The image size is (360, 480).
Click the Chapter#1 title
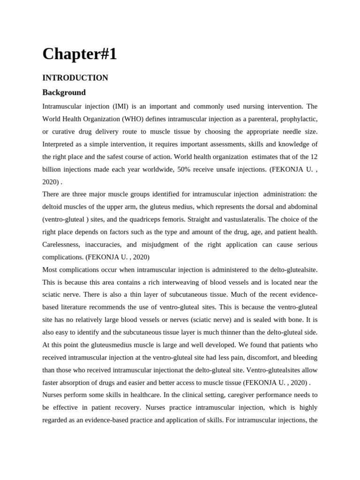[79, 54]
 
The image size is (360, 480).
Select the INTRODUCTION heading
[75, 78]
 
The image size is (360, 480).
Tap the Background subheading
[64, 92]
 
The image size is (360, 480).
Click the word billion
[52, 169]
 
